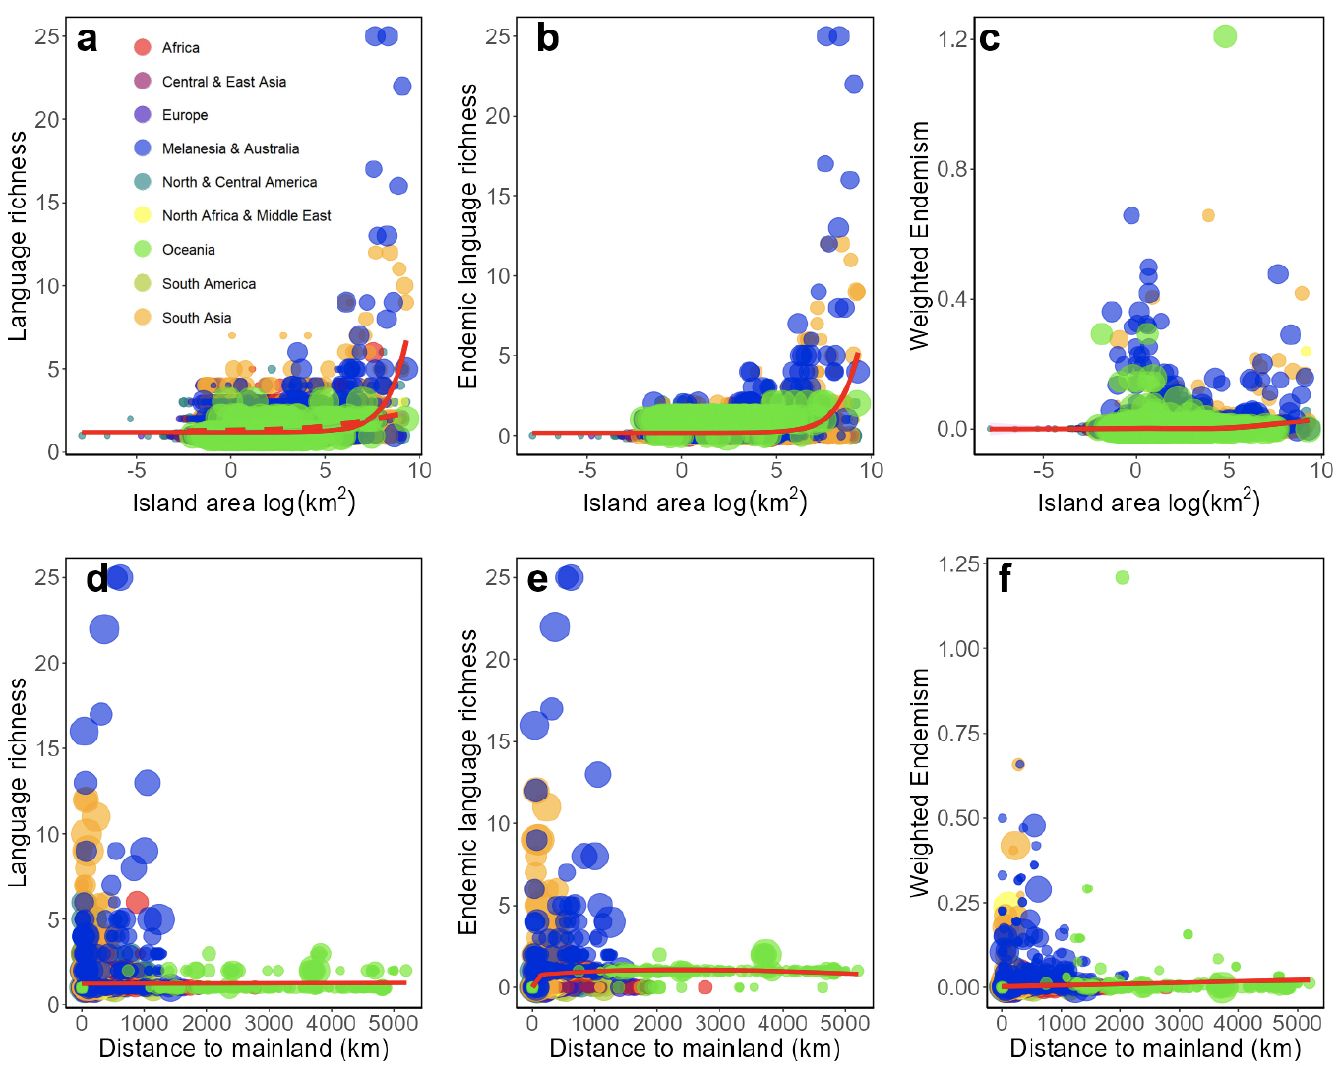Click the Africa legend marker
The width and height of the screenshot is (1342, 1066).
[143, 47]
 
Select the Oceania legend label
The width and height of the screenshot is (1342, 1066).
[188, 250]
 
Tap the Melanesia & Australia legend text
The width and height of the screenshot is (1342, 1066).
[230, 148]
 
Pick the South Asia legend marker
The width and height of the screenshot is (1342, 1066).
[143, 317]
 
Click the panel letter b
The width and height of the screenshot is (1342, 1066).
[547, 38]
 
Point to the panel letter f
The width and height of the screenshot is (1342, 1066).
[1005, 579]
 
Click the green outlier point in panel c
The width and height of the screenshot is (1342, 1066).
[1225, 36]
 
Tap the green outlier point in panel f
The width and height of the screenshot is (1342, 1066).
[1123, 577]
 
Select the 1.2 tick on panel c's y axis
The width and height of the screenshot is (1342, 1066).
[952, 39]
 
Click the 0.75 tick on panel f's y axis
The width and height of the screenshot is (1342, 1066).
[958, 734]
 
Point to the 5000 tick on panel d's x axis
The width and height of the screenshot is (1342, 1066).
[392, 1024]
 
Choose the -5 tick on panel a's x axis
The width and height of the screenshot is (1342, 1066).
[137, 470]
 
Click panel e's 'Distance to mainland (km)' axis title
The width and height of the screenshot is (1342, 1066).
[695, 1049]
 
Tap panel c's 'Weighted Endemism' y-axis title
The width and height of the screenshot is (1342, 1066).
[920, 236]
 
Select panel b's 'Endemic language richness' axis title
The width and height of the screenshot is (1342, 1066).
[468, 236]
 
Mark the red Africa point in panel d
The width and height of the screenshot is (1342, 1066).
[137, 902]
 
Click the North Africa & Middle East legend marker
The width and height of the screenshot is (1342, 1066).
[143, 215]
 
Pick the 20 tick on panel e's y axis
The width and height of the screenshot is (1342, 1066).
[499, 659]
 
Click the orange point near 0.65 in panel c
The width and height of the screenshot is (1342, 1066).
[1208, 215]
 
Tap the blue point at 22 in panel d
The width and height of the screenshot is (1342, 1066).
[104, 628]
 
